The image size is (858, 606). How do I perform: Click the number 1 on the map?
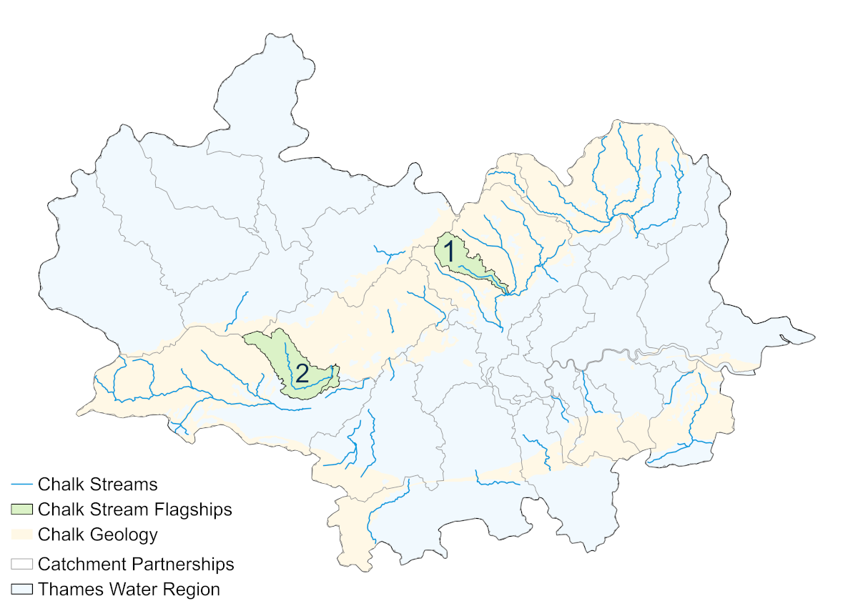(x=449, y=251)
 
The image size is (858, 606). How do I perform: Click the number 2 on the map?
(x=302, y=372)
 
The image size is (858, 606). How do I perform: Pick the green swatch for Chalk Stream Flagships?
(x=21, y=510)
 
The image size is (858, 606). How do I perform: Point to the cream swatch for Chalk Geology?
(x=21, y=535)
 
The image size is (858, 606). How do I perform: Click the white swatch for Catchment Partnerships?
(x=21, y=564)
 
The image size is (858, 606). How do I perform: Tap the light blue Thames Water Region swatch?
(x=21, y=590)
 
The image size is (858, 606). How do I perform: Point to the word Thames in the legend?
(x=69, y=590)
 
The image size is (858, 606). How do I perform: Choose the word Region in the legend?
(x=193, y=590)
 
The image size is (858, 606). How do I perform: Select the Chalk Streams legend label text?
(x=97, y=485)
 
